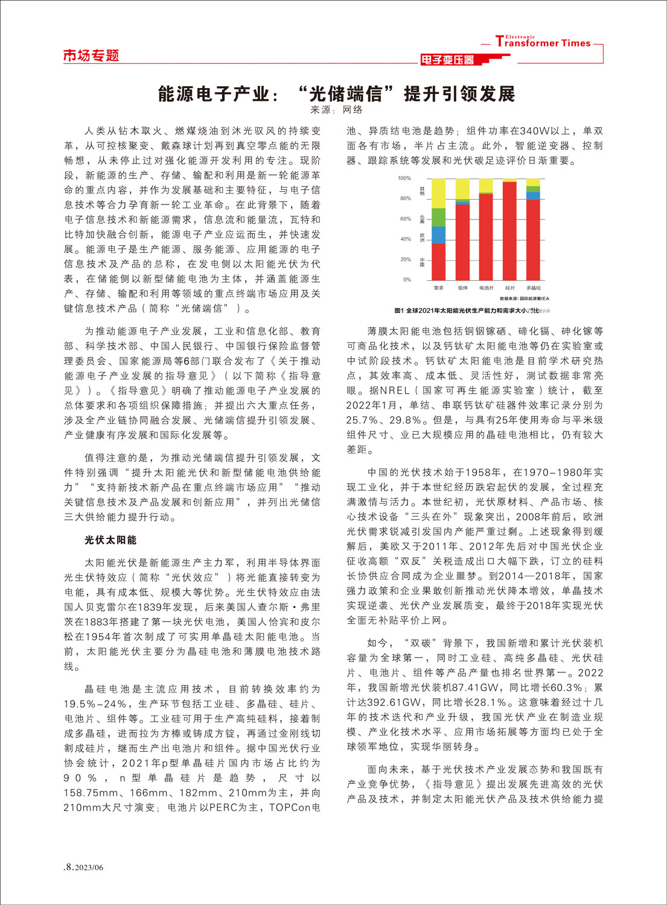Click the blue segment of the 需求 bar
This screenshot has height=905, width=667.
(x=439, y=235)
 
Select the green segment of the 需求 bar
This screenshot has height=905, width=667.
(x=439, y=217)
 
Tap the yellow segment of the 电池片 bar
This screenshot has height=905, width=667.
(x=486, y=185)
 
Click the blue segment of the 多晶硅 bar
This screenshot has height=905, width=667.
(x=533, y=196)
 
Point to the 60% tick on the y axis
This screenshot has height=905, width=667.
(x=406, y=219)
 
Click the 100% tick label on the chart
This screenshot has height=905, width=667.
(x=404, y=178)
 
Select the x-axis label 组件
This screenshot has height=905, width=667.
(x=462, y=288)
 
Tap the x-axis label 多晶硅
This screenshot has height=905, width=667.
(x=533, y=288)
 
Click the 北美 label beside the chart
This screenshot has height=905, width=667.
(x=422, y=219)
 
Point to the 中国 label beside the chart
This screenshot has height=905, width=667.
(x=422, y=263)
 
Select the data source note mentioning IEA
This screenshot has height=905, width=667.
(x=524, y=298)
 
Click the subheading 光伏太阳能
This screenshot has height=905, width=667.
(x=110, y=540)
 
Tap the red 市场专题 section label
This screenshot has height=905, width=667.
(x=91, y=56)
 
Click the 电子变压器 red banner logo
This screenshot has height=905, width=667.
(x=447, y=60)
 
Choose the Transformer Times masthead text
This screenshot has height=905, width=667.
(x=543, y=42)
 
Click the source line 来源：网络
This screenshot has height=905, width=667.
(x=336, y=110)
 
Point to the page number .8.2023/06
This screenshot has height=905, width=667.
(x=84, y=867)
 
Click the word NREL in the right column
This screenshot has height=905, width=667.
(x=395, y=391)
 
